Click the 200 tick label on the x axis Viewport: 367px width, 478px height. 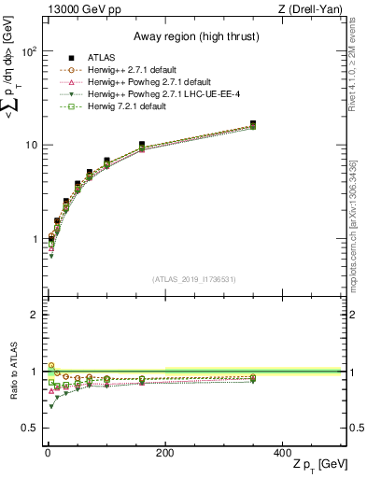[164, 452]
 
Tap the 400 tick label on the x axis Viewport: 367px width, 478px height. [281, 452]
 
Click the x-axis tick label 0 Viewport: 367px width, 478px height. [48, 452]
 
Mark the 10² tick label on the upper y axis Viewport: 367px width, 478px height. [31, 51]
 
